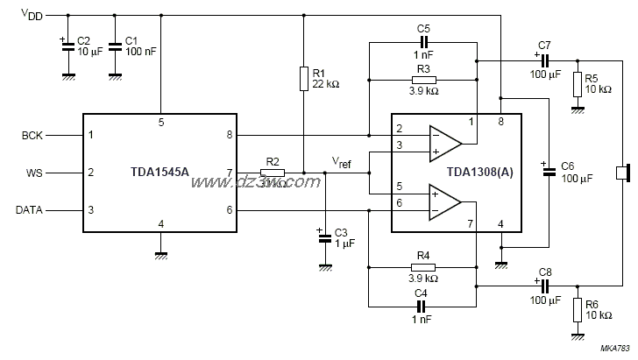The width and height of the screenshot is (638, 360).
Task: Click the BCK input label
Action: point(32,136)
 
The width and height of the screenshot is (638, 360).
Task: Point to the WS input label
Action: point(33,173)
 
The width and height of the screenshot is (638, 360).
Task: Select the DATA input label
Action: point(29,210)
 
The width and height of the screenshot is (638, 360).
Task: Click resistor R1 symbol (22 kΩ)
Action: point(302,79)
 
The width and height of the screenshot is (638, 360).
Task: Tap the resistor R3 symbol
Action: point(423,80)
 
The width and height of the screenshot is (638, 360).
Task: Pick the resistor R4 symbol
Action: point(423,266)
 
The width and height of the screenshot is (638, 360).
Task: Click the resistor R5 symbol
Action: point(578,84)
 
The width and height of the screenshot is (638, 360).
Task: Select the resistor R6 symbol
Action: point(578,309)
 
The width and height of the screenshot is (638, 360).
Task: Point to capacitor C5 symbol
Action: point(423,42)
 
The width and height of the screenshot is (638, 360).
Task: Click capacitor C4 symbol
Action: point(423,307)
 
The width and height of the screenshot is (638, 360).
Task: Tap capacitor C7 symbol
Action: point(543,60)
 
